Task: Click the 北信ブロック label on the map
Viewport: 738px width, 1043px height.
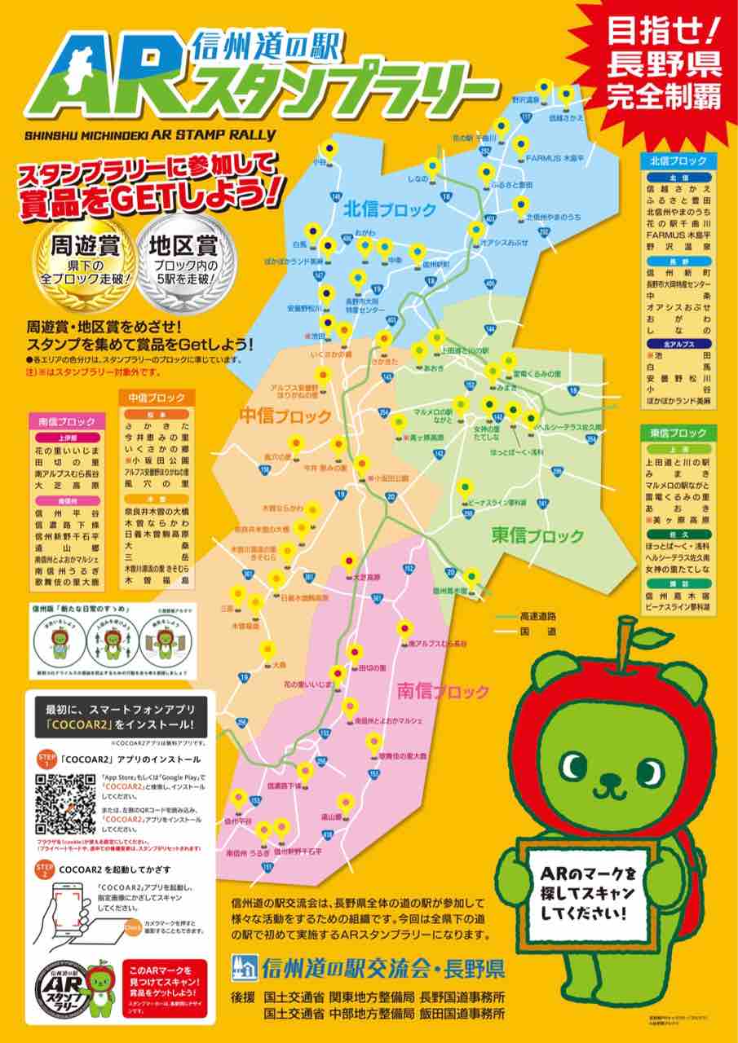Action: pos(389,209)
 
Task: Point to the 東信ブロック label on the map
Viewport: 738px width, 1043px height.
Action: pos(537,535)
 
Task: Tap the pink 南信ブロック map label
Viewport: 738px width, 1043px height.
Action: pos(443,692)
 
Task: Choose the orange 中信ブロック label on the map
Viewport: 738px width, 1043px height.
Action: pos(285,416)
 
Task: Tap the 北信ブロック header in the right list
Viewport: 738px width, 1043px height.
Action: pos(678,161)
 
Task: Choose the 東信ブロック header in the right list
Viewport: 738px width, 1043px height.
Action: pos(678,432)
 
